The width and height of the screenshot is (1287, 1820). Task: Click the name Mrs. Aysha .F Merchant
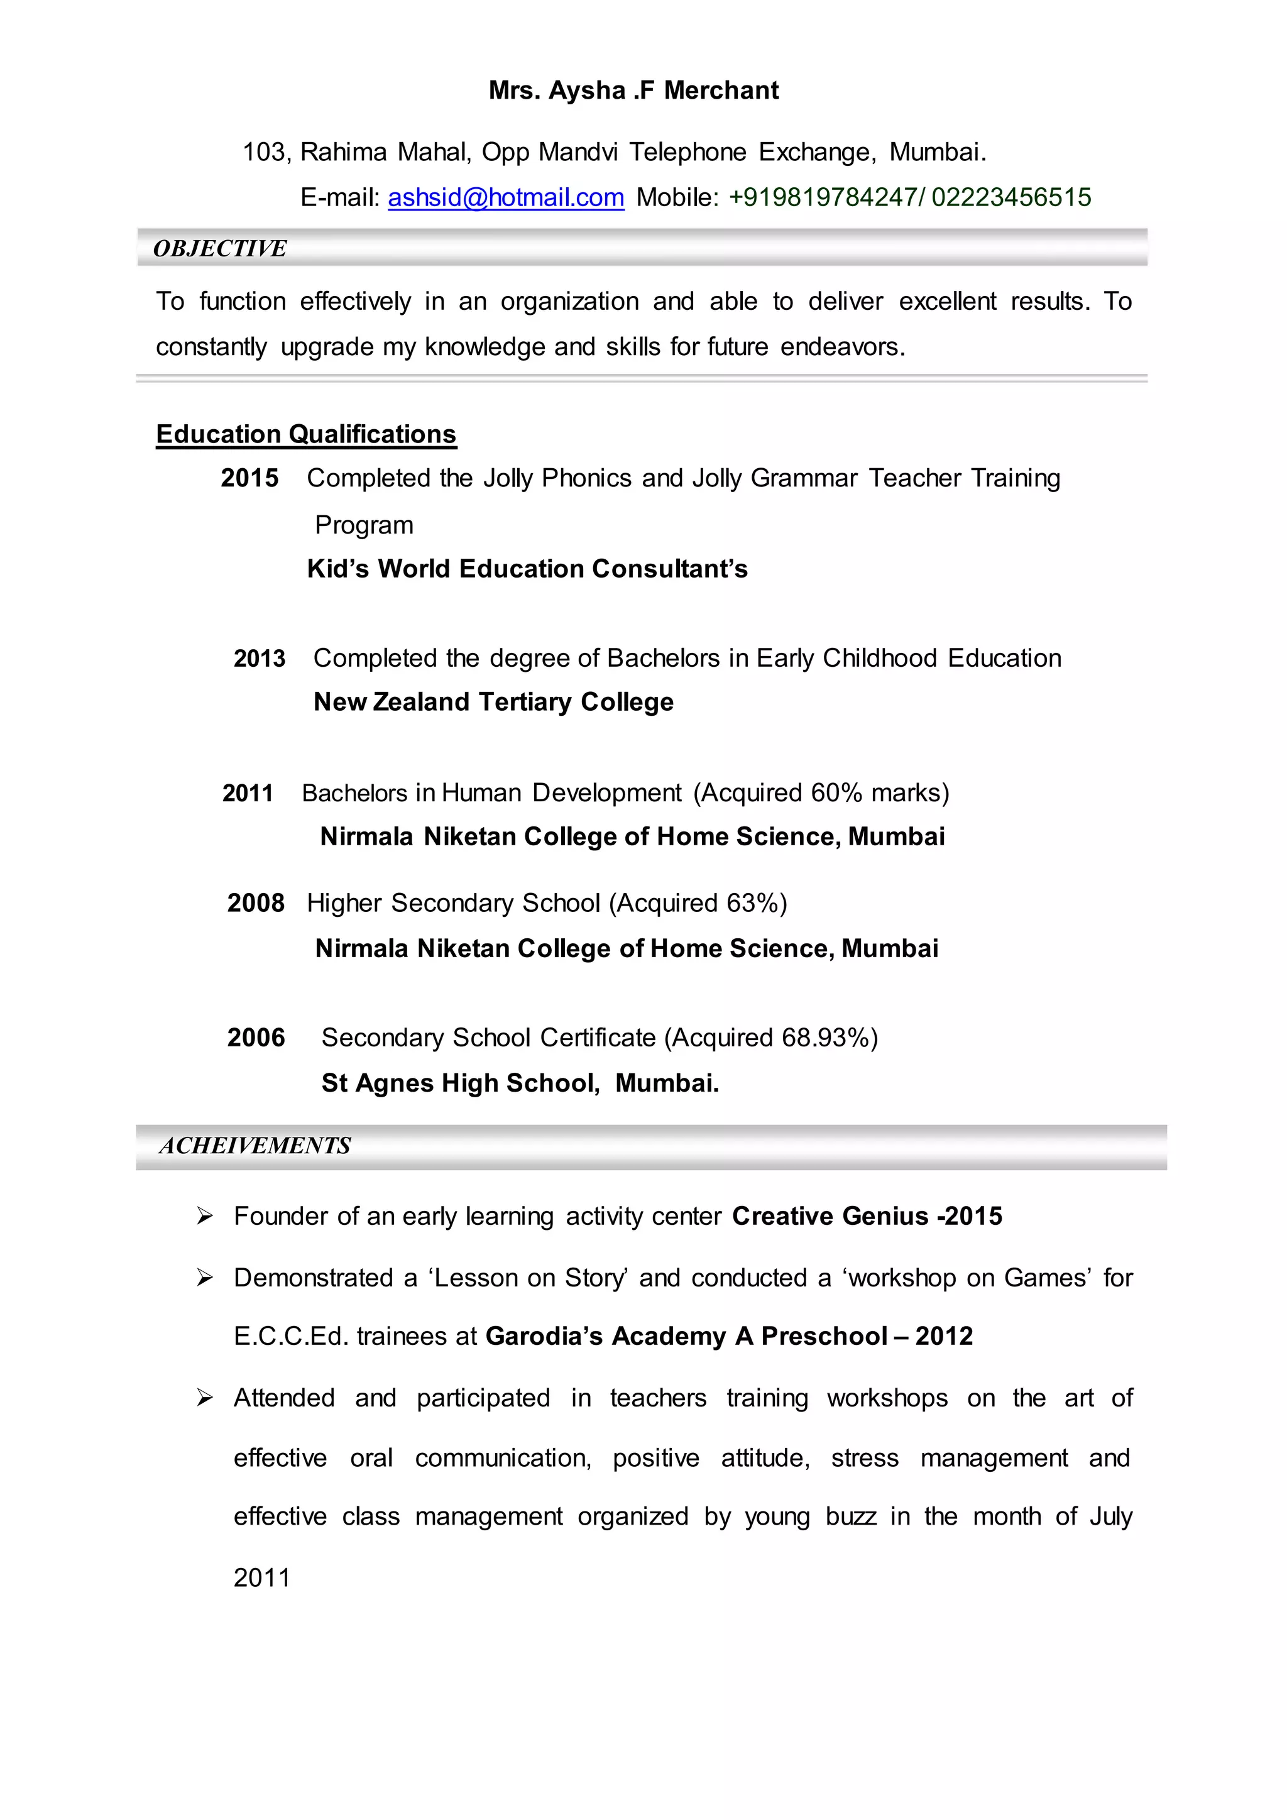coord(633,90)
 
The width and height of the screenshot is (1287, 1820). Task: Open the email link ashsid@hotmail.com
coord(506,197)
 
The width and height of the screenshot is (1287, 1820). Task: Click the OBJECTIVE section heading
coord(219,249)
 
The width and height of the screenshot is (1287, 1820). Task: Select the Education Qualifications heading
coord(306,434)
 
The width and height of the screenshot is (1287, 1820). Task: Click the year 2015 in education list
coord(249,478)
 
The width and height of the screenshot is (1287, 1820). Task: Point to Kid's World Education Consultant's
coord(527,569)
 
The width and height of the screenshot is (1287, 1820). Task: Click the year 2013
coord(259,659)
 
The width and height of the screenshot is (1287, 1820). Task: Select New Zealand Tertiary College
coord(493,703)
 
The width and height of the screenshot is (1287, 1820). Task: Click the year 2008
coord(255,904)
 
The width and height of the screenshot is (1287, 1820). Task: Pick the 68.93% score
coord(824,1038)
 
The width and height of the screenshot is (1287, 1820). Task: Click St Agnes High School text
coord(459,1083)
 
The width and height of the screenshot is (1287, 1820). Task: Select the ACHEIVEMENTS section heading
coord(255,1146)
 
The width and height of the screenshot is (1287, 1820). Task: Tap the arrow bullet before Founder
coord(204,1217)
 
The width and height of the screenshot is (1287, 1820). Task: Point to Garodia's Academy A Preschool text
coord(686,1337)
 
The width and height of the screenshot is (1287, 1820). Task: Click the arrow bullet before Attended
coord(204,1398)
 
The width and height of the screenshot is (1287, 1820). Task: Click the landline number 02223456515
coord(1011,197)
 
